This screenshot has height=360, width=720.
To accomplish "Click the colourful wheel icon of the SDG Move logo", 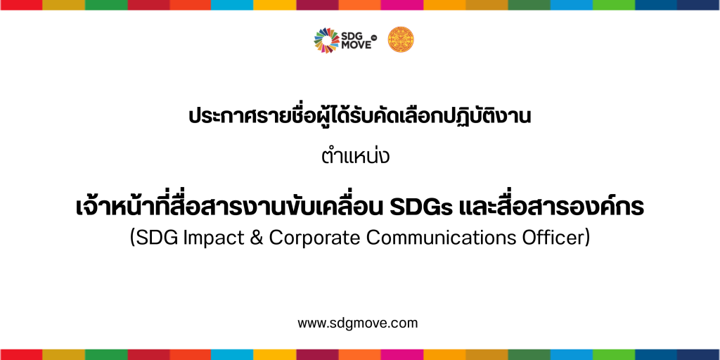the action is pyautogui.click(x=326, y=40).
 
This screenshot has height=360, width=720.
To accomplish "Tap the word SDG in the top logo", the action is pyautogui.click(x=352, y=35).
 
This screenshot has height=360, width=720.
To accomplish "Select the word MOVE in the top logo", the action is pyautogui.click(x=356, y=45).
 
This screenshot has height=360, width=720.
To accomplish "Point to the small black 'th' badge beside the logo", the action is pyautogui.click(x=373, y=39).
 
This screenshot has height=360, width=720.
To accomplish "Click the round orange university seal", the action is pyautogui.click(x=400, y=39).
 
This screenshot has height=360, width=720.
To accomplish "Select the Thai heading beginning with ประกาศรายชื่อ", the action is pyautogui.click(x=360, y=116).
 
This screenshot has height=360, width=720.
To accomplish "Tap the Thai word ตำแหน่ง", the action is pyautogui.click(x=355, y=155).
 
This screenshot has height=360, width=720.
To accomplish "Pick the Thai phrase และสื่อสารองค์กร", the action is pyautogui.click(x=551, y=207).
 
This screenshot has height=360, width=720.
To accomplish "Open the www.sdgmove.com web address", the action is pyautogui.click(x=358, y=323).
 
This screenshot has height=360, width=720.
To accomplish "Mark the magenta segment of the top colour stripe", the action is pyautogui.click(x=401, y=5).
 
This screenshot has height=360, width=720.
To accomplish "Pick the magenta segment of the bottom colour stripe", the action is pyautogui.click(x=401, y=354).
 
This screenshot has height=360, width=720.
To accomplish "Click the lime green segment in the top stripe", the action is pyautogui.click(x=614, y=5).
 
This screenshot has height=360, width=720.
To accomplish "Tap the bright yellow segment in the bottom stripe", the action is pyautogui.click(x=275, y=354).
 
